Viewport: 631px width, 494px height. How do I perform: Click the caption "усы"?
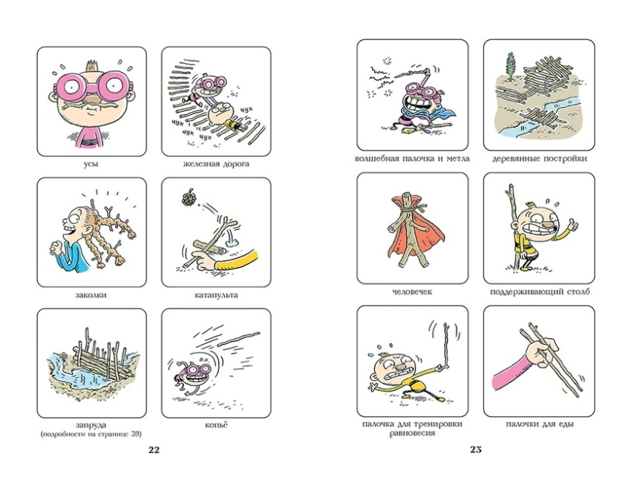click(x=91, y=164)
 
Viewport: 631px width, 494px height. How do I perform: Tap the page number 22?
click(x=154, y=449)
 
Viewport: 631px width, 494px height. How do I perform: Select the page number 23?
click(x=476, y=449)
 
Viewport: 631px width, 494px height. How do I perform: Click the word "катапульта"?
click(x=216, y=295)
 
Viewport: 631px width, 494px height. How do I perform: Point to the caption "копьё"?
click(x=216, y=425)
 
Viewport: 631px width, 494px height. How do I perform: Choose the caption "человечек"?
click(x=412, y=292)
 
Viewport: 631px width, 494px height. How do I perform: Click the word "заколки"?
click(x=91, y=295)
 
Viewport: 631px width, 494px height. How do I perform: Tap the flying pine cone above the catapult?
click(x=188, y=199)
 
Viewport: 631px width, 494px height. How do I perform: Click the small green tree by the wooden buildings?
click(x=511, y=66)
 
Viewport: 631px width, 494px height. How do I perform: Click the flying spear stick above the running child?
click(x=238, y=339)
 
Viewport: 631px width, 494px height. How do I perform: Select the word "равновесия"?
click(x=412, y=434)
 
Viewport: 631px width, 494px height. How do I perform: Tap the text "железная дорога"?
click(x=216, y=164)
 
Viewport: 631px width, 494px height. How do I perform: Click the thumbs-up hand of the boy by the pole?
click(x=570, y=224)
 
